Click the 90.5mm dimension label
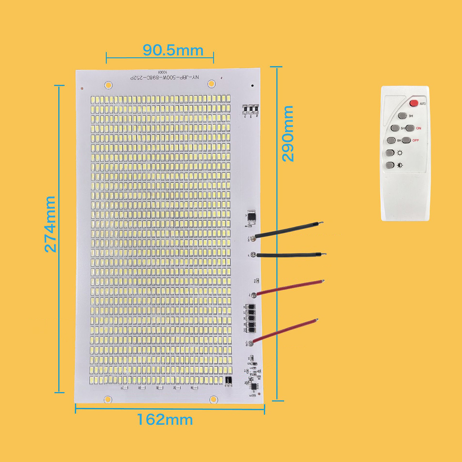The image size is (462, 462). [173, 50]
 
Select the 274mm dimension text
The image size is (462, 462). [50, 224]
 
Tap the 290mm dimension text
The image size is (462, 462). [288, 133]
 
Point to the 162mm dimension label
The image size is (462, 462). [165, 420]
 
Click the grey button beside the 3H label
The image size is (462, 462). [402, 116]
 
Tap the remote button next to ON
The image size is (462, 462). [410, 128]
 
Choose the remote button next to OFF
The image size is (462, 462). [406, 140]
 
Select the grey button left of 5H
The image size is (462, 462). [395, 128]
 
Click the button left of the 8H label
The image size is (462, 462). [391, 140]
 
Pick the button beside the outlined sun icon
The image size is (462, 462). [390, 153]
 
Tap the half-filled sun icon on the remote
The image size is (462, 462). [400, 165]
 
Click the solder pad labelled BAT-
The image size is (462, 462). [253, 238]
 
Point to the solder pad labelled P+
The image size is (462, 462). [254, 295]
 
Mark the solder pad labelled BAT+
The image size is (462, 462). [250, 343]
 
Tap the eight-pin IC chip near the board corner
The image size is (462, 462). [254, 386]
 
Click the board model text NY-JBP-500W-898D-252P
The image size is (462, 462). [165, 78]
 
